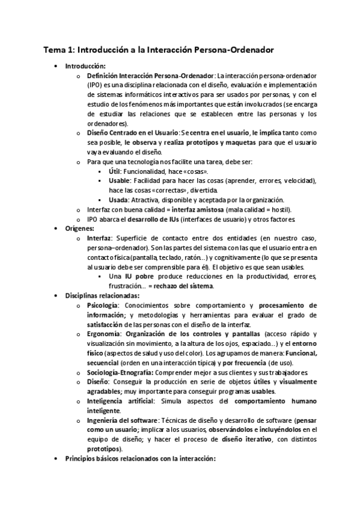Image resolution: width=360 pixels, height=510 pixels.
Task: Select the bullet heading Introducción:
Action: (85, 66)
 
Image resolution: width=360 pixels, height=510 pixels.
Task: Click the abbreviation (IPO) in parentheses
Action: (96, 85)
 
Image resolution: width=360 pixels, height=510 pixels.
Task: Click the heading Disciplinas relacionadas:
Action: (102, 295)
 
